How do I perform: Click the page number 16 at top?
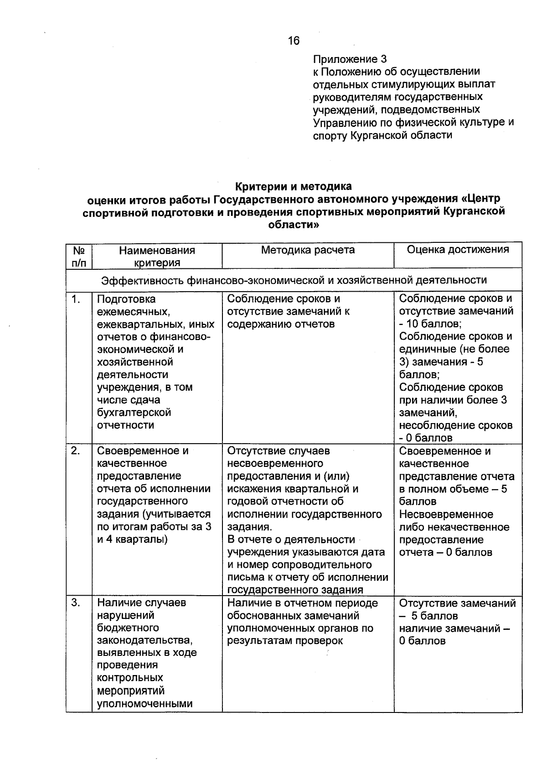pos(294,41)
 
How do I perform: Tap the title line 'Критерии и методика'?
pos(293,187)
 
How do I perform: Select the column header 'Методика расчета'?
pos(308,250)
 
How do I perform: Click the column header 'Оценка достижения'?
pos(458,249)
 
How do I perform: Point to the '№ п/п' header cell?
pos(79,256)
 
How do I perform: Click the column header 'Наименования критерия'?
pos(157,256)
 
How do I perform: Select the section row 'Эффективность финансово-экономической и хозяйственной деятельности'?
pos(294,280)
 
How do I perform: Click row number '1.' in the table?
pos(76,299)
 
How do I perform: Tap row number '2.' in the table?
pos(76,451)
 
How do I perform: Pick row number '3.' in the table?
pos(76,602)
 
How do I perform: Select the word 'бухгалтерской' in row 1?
pos(134,413)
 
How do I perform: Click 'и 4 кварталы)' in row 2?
pos(132,539)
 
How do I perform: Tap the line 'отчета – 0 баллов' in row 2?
pos(445,552)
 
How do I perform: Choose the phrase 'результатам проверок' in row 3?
pos(285,641)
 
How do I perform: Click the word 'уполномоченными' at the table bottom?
pos(144,703)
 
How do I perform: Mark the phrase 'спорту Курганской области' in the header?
pos(382,136)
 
